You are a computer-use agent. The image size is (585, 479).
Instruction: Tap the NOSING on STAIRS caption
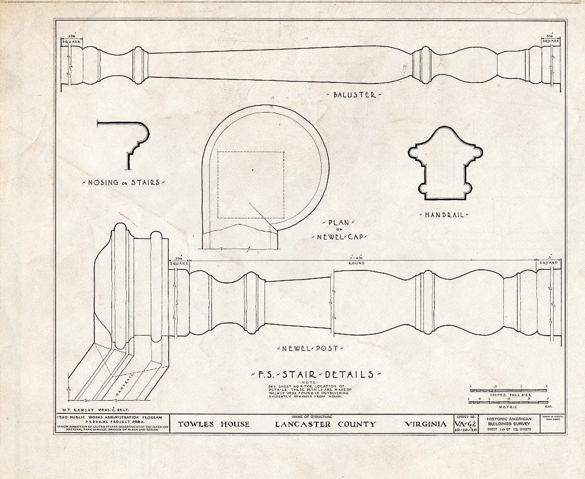[123, 182]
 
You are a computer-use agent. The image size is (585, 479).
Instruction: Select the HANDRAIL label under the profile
[445, 215]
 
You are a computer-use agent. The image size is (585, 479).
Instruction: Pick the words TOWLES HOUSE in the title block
[214, 424]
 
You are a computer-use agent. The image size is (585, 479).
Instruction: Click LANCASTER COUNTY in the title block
[326, 424]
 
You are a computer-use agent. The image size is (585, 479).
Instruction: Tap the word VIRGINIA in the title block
[426, 424]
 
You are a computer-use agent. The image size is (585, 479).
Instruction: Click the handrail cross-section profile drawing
[445, 164]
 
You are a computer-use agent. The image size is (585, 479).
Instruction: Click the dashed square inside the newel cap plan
[251, 184]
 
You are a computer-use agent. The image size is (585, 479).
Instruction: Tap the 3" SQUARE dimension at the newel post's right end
[548, 262]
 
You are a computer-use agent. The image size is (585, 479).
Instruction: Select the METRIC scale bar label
[508, 406]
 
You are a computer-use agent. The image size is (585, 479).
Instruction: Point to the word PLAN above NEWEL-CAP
[339, 222]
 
